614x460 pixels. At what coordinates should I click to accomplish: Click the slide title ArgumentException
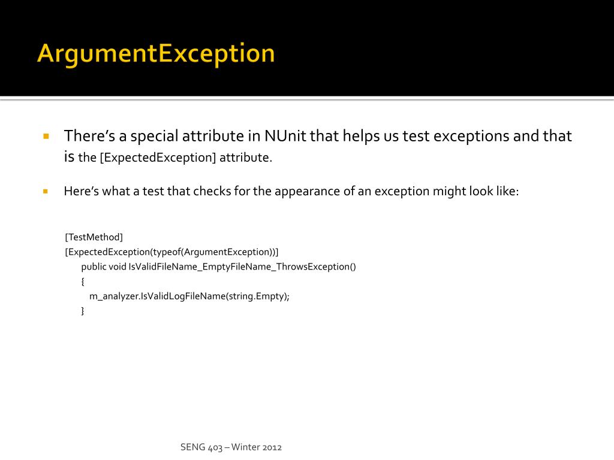pos(156,53)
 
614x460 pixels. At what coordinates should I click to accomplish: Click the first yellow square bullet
pos(46,137)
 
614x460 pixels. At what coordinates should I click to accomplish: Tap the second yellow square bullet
pos(46,192)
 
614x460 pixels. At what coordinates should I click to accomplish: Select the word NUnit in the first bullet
pos(285,136)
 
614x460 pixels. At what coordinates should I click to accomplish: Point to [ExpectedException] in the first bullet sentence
pos(158,158)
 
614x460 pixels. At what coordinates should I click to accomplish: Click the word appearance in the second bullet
pos(302,192)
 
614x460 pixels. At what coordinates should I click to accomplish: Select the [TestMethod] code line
pos(94,237)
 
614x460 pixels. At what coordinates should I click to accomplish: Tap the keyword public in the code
pos(94,267)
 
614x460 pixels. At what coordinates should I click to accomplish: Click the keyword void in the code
pos(118,267)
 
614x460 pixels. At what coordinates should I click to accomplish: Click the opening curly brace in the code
pos(83,282)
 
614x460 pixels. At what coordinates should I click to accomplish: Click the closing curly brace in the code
pos(83,311)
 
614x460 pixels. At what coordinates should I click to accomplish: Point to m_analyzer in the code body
pos(113,296)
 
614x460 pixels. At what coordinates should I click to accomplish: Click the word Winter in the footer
pos(245,447)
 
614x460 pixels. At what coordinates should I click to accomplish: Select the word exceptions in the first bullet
pos(471,136)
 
